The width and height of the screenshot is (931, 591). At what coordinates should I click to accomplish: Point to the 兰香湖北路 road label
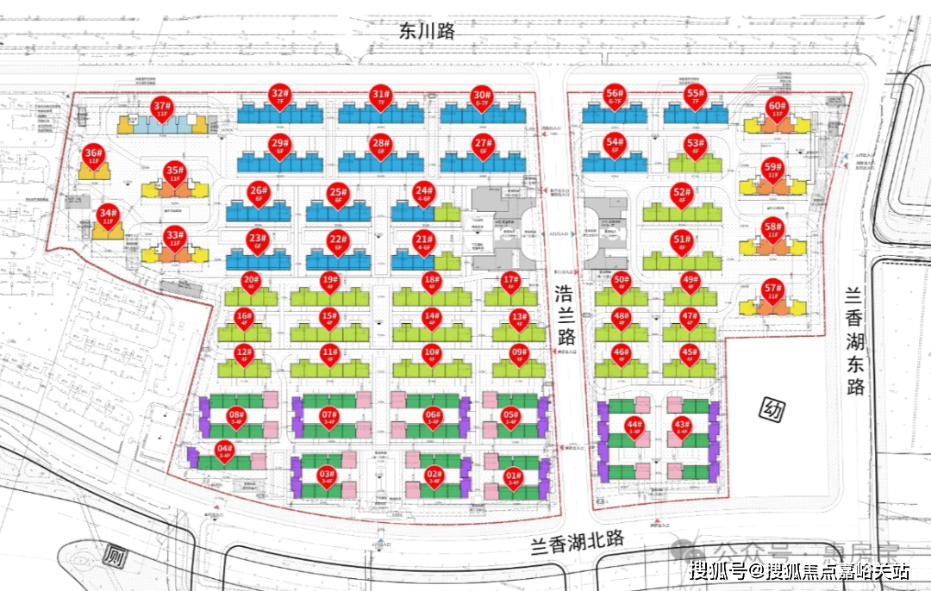(576, 544)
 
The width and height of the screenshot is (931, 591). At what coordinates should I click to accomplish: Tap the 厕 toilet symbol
(113, 556)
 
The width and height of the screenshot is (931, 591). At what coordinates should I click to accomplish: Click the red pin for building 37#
(160, 109)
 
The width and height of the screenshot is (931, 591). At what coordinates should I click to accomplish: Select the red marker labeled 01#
(513, 476)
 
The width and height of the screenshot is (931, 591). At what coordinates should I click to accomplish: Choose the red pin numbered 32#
(279, 96)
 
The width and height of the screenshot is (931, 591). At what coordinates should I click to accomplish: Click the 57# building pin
(772, 290)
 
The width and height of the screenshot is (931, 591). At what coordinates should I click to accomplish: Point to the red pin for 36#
(93, 156)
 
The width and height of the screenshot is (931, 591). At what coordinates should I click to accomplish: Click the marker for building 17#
(511, 282)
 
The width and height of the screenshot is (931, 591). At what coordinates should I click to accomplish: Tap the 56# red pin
(614, 96)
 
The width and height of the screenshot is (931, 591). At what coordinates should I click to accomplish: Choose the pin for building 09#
(519, 353)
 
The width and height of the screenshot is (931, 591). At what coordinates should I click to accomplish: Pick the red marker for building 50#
(621, 282)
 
